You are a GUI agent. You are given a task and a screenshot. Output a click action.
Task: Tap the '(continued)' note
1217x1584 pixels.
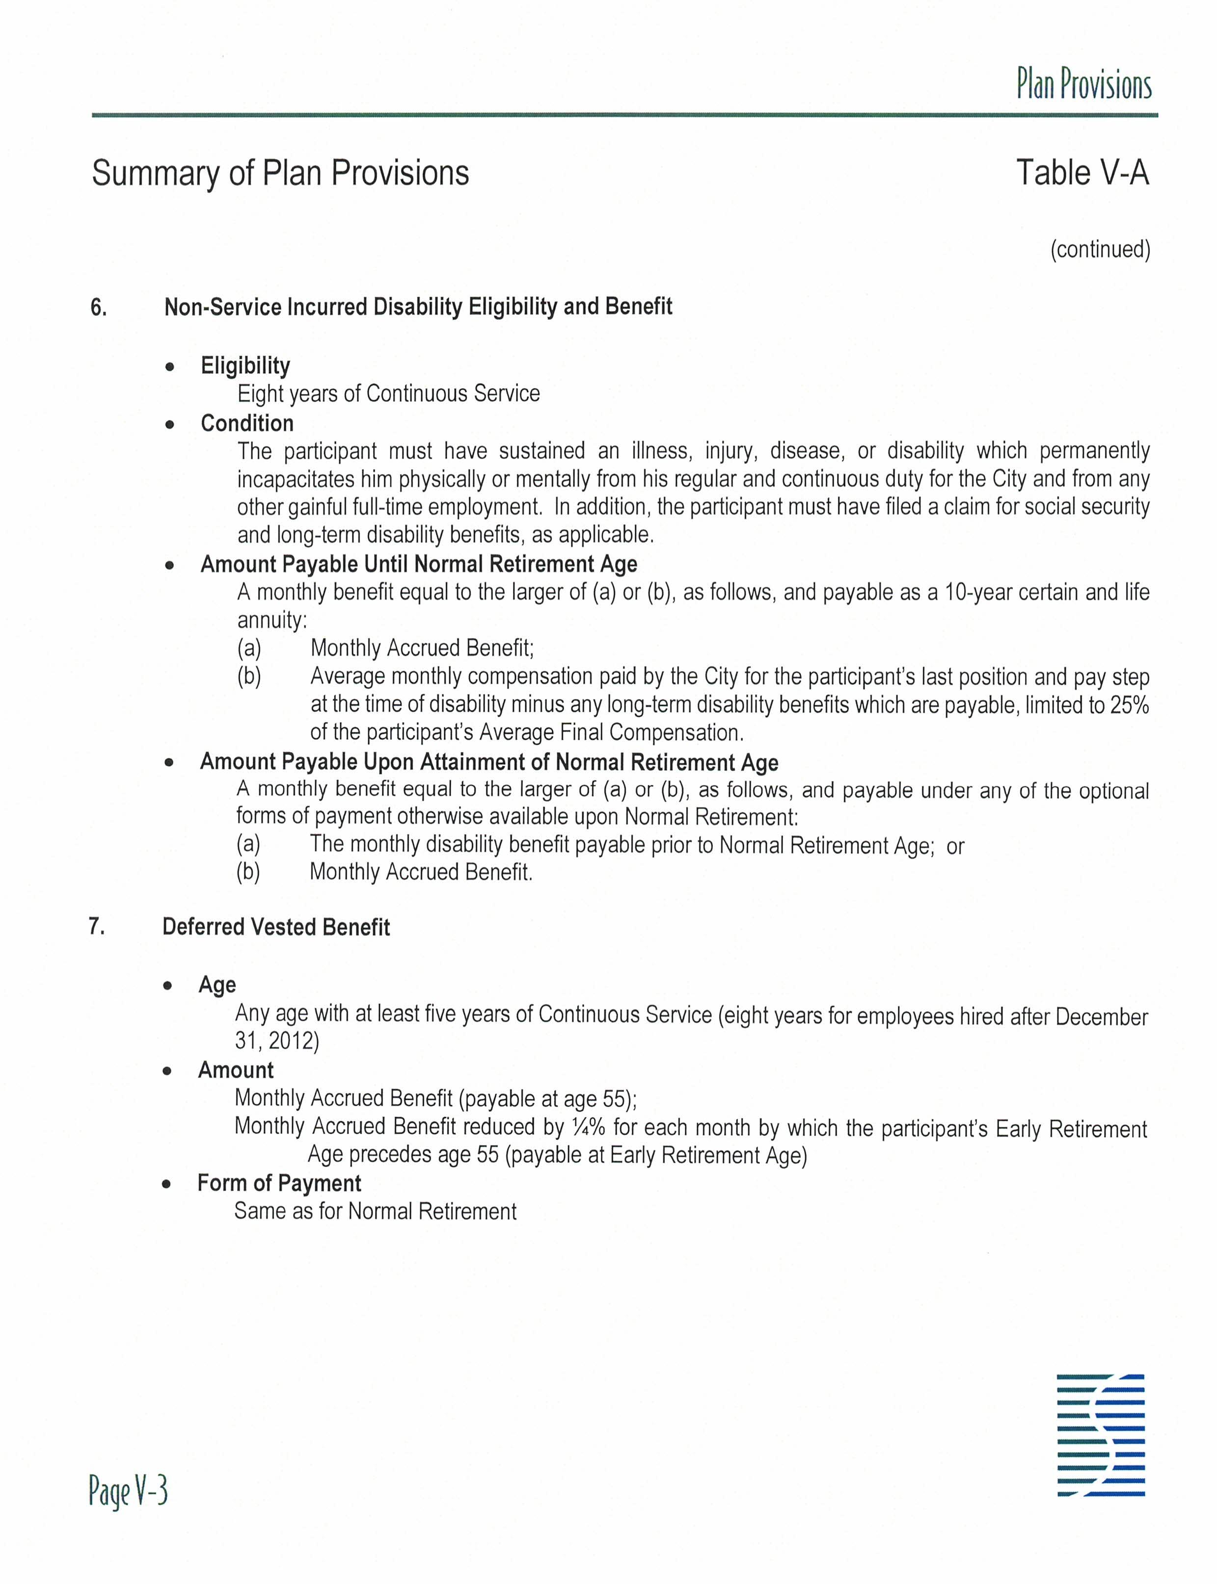(1100, 249)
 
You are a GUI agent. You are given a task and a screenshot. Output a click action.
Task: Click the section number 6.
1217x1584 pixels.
(99, 308)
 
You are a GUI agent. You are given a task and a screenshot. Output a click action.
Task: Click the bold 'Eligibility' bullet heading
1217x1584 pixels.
(245, 365)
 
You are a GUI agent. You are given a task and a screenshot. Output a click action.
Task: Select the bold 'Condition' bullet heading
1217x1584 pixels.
(247, 423)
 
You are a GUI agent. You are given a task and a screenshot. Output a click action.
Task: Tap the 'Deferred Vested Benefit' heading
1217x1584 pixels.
(276, 927)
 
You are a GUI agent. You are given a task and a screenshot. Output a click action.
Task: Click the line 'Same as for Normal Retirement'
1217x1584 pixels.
(375, 1211)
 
